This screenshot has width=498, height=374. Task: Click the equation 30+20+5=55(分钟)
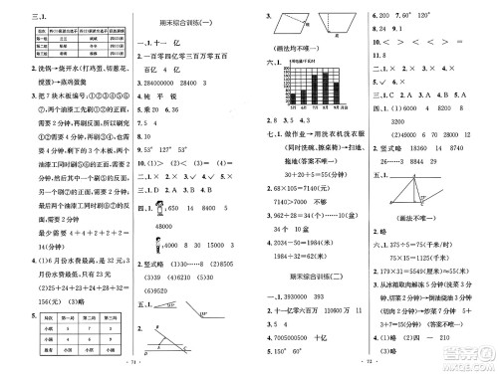click(x=299, y=172)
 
